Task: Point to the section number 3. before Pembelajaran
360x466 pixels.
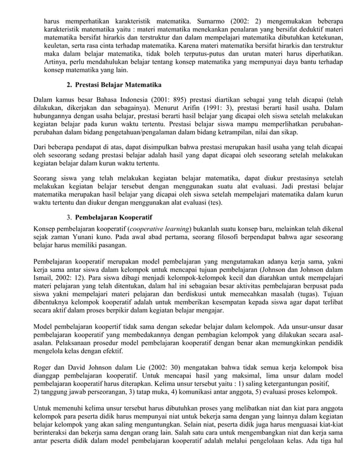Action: tap(69, 217)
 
